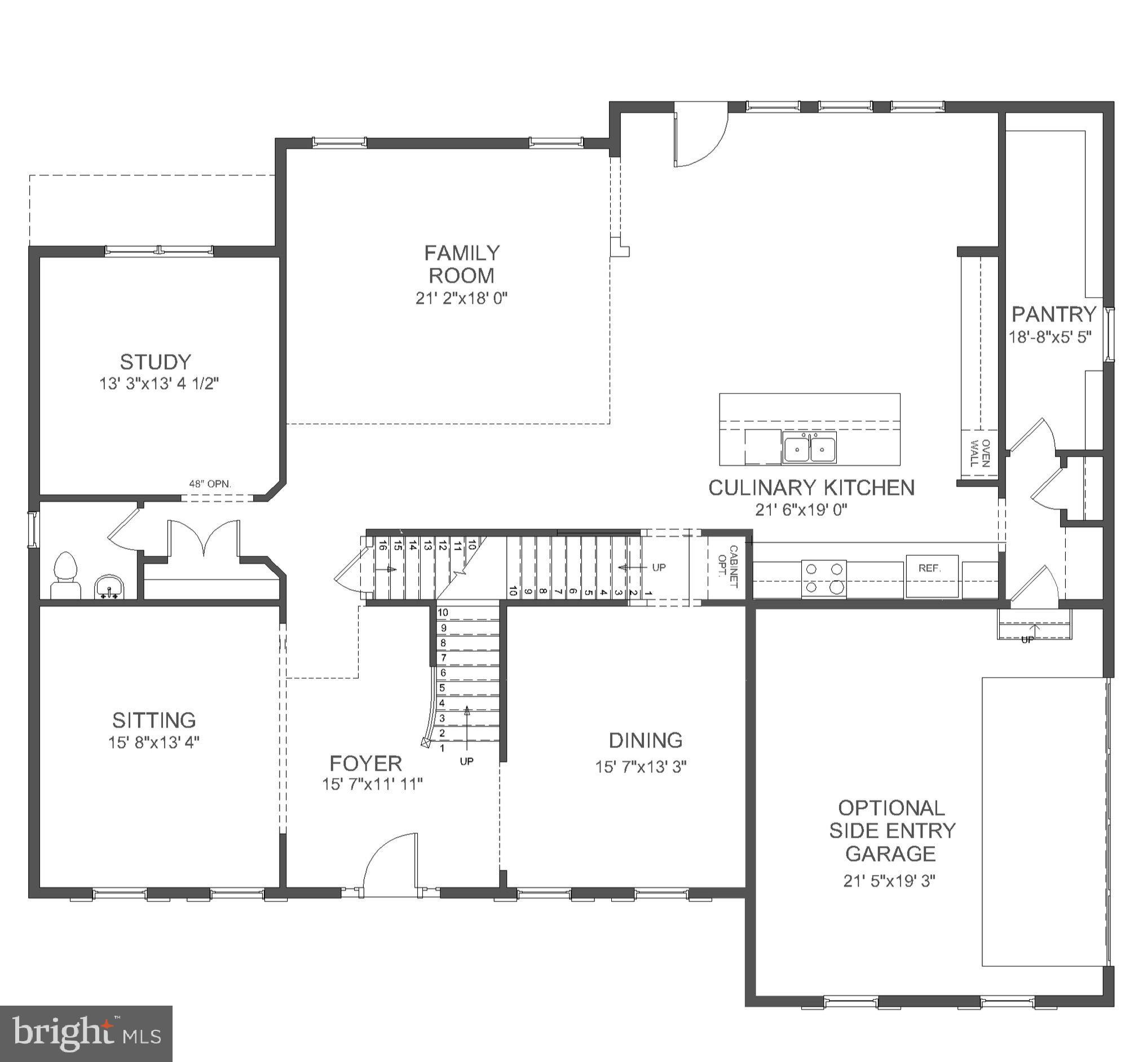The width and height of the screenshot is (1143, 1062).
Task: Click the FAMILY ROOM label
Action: [x=462, y=264]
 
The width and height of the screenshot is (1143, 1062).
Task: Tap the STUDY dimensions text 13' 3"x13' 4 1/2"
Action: [x=159, y=384]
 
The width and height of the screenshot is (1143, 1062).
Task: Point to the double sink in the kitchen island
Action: [x=809, y=448]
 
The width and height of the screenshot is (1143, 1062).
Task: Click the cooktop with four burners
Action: [x=823, y=578]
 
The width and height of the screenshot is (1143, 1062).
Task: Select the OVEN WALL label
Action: [x=979, y=453]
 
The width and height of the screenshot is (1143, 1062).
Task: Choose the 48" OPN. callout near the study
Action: [x=210, y=484]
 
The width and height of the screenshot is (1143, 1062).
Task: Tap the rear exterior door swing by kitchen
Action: [x=699, y=138]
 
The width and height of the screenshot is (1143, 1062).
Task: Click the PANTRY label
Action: [x=1053, y=315]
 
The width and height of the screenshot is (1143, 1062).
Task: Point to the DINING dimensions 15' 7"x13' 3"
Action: [x=641, y=767]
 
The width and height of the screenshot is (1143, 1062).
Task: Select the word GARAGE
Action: [x=890, y=854]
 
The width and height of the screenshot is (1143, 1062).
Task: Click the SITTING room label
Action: [x=154, y=720]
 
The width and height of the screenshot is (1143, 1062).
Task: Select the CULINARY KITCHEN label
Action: [x=811, y=488]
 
